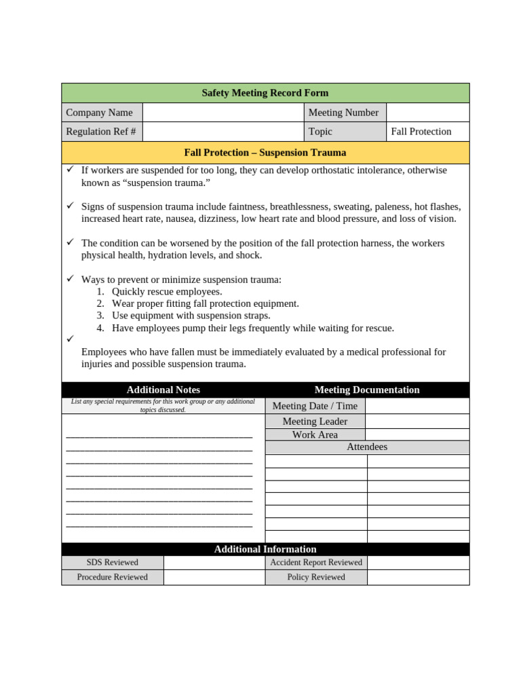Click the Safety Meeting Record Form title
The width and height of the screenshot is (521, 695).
[x=265, y=93]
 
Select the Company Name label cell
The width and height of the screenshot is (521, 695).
[x=102, y=113]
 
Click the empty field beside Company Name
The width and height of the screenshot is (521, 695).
[x=223, y=113]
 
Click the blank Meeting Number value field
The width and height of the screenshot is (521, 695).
[x=427, y=113]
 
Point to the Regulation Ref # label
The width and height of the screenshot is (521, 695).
[x=102, y=132]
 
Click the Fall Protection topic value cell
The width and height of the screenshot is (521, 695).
[x=427, y=132]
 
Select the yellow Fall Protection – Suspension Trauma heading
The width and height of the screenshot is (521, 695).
[x=265, y=153]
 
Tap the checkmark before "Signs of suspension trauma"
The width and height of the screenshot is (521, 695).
[x=70, y=206]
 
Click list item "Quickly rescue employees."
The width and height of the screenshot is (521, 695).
[x=167, y=291]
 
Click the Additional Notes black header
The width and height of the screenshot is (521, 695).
[x=163, y=390]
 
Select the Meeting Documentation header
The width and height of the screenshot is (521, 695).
[x=366, y=390]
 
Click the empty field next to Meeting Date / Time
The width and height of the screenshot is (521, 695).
[x=417, y=406]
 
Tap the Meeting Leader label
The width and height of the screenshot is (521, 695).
[x=315, y=421]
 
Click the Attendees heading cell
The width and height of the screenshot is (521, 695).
[x=366, y=447]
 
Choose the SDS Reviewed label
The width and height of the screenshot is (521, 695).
[x=112, y=563]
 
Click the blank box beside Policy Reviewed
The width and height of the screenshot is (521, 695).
[x=418, y=577]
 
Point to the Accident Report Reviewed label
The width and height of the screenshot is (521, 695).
[x=316, y=563]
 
